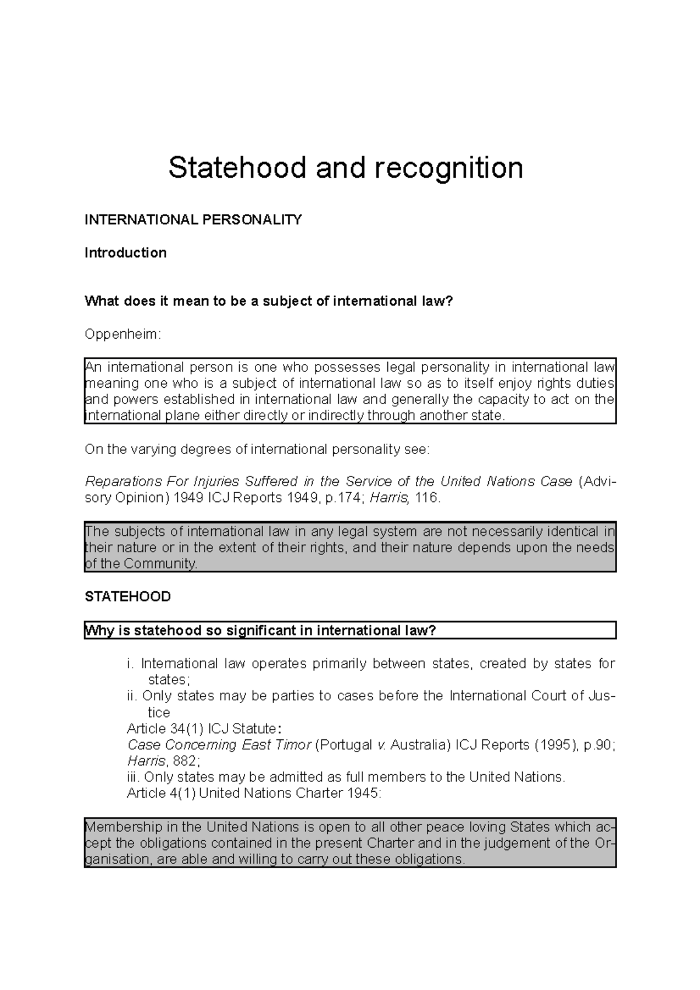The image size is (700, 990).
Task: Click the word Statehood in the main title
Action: [237, 168]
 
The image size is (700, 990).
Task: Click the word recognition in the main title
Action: [449, 168]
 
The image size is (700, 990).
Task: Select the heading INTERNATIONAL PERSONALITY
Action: [193, 220]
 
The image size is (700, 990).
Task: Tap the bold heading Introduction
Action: [125, 252]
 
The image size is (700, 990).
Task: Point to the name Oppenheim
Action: [121, 334]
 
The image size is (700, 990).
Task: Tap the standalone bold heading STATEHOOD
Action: [128, 596]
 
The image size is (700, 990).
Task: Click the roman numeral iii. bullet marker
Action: [134, 777]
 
